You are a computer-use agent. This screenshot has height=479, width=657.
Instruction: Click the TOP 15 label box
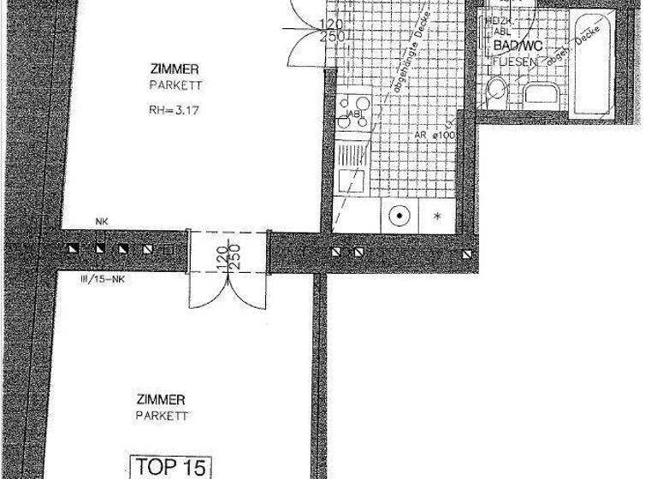[169, 467]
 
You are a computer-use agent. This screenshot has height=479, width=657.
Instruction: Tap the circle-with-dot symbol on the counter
[398, 216]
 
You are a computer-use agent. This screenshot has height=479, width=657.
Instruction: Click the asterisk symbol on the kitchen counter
[440, 216]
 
